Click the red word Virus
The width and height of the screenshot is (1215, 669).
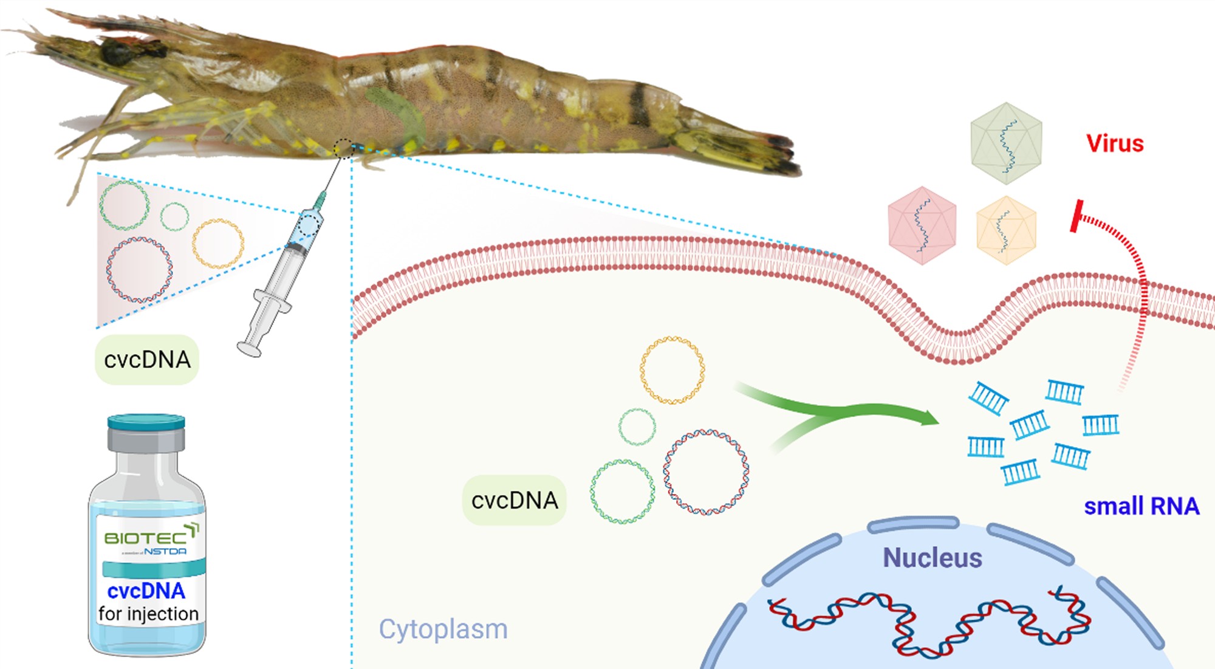click(x=1115, y=143)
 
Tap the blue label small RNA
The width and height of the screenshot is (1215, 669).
click(x=1141, y=506)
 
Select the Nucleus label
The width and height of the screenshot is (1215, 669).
click(x=932, y=557)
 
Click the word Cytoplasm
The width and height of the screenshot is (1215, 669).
click(x=443, y=629)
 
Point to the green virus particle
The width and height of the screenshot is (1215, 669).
click(x=1006, y=143)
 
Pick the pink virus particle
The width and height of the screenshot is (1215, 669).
click(x=922, y=225)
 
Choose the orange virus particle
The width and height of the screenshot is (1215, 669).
click(x=1005, y=230)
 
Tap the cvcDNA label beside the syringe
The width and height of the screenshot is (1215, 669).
click(x=147, y=360)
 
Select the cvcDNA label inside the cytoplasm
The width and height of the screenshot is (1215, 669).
click(x=515, y=501)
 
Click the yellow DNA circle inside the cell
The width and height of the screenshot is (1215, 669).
click(x=672, y=370)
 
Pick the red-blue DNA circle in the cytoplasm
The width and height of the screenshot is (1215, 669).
click(x=705, y=472)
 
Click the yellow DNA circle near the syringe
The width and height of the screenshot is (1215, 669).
click(x=218, y=243)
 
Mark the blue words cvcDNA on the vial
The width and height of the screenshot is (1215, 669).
click(x=146, y=591)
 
